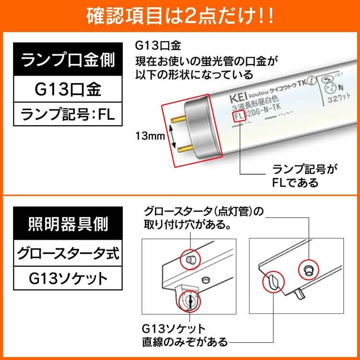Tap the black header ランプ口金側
[x=67, y=61]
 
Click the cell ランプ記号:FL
[x=67, y=115]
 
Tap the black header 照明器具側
[x=67, y=223]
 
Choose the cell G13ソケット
[x=67, y=278]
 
